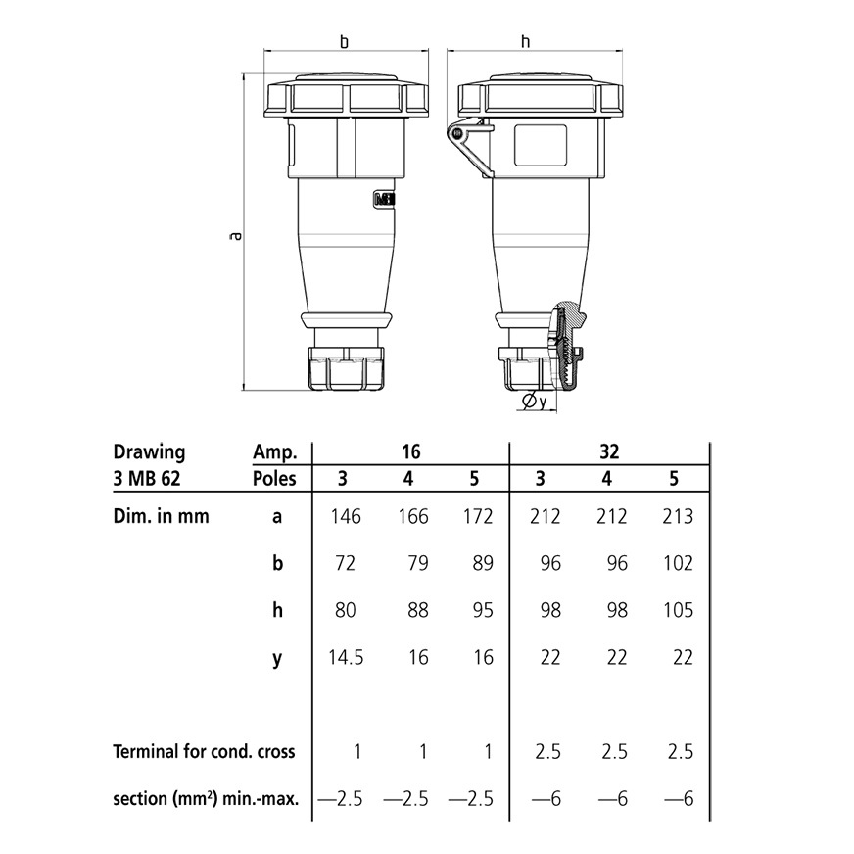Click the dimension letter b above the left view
(x=344, y=42)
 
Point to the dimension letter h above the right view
(x=526, y=42)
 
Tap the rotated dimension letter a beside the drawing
(x=234, y=235)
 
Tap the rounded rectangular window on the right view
(x=542, y=144)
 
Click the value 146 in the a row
(x=345, y=516)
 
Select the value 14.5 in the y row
(x=345, y=657)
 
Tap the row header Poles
(x=275, y=480)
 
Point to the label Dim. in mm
(x=161, y=516)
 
